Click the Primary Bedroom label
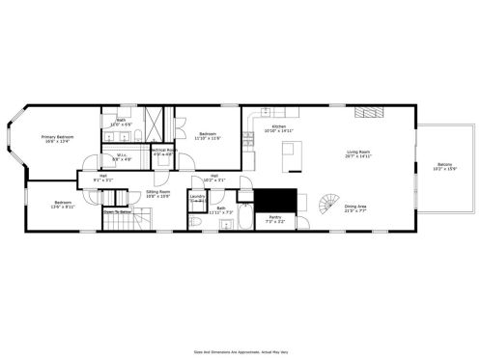[57, 138]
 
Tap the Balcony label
[444, 164]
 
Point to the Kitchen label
[278, 127]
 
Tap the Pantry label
[275, 218]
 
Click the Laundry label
[197, 197]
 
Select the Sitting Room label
[157, 193]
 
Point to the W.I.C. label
[123, 155]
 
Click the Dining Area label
[355, 207]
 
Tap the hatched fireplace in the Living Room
[368, 113]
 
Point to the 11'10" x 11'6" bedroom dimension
[208, 139]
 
